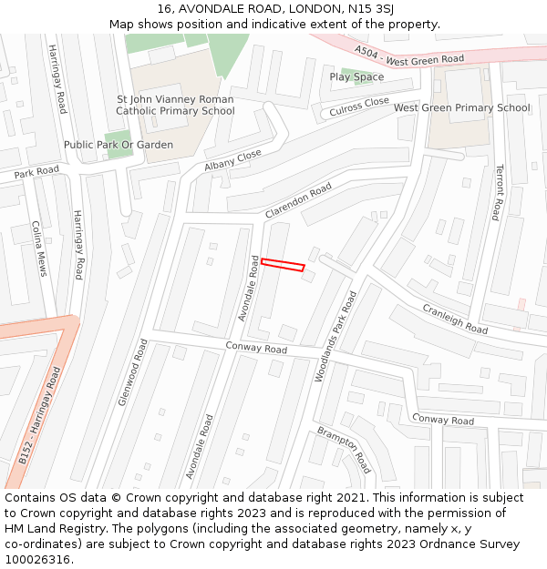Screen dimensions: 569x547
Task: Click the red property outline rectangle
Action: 283,265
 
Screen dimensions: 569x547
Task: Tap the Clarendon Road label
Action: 298,200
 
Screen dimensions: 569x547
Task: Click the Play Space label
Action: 356,77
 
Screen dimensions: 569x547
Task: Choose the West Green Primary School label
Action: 461,108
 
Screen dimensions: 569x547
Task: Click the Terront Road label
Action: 498,192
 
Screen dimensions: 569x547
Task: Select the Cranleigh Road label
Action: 455,318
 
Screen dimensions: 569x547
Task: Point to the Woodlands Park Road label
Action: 335,336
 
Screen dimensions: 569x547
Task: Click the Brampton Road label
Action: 345,449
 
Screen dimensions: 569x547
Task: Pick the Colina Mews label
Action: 38,248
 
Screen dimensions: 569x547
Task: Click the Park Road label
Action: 36,171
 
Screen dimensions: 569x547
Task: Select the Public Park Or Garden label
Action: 119,145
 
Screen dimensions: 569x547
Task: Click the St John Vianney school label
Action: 175,106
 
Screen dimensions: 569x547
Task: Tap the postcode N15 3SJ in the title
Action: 377,9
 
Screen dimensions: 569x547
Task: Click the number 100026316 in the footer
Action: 38,559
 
